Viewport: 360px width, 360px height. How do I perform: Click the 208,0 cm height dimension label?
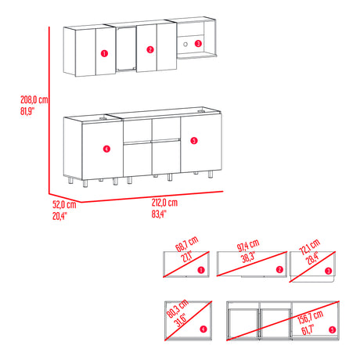tap(34, 100)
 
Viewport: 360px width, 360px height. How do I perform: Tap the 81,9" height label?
tap(30, 110)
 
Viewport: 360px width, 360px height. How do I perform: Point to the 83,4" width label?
tap(159, 213)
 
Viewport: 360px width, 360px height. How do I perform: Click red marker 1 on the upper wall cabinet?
tap(103, 53)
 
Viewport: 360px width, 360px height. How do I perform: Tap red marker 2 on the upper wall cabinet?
tap(149, 49)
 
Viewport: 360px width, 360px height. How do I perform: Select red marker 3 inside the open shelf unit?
tap(197, 44)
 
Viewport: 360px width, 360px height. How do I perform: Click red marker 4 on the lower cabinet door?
tap(106, 146)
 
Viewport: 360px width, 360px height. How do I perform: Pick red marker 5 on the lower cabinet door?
tap(193, 141)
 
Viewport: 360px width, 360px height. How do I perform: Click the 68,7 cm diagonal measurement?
tap(185, 249)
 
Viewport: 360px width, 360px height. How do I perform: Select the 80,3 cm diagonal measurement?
tap(185, 316)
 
